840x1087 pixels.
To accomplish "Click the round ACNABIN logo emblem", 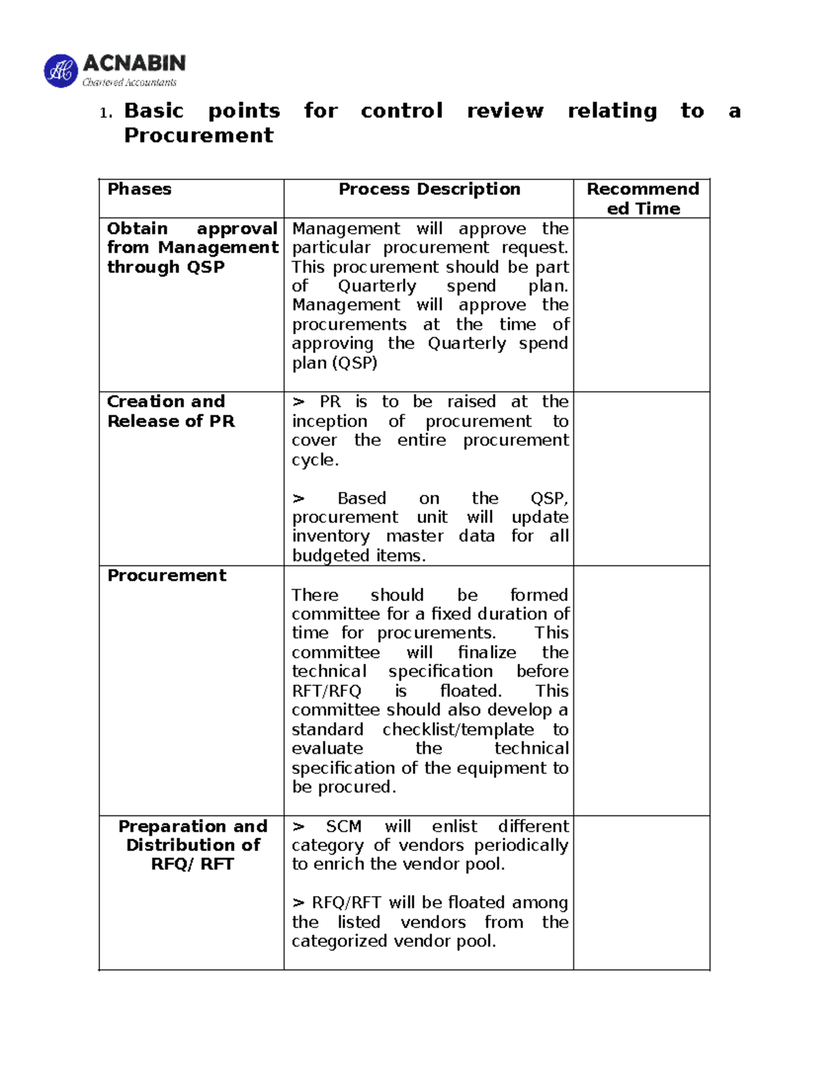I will click(61, 71).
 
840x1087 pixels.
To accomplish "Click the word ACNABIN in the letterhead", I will click(134, 64).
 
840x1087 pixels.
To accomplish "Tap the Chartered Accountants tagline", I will click(129, 83).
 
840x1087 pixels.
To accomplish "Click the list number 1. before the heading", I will click(106, 113).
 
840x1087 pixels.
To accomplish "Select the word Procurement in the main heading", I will click(198, 135).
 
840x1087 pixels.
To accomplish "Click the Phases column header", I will click(139, 189).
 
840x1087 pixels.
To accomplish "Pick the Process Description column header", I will click(429, 189).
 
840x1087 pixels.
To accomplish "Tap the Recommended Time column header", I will click(642, 199).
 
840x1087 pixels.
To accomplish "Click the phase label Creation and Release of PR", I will click(170, 412).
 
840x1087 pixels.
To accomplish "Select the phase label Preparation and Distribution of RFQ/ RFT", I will click(192, 845).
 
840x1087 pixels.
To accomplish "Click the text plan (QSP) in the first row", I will click(334, 363).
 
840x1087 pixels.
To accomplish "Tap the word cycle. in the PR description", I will click(315, 460).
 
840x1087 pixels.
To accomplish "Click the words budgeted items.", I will click(358, 556).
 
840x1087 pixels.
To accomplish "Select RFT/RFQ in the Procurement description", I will click(326, 691).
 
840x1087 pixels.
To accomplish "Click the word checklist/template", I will click(458, 729).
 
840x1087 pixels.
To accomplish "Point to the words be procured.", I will click(343, 787).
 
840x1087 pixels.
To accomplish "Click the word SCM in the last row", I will click(343, 826).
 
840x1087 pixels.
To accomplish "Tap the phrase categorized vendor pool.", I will click(393, 941).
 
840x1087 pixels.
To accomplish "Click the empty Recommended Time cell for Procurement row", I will click(641, 690).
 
